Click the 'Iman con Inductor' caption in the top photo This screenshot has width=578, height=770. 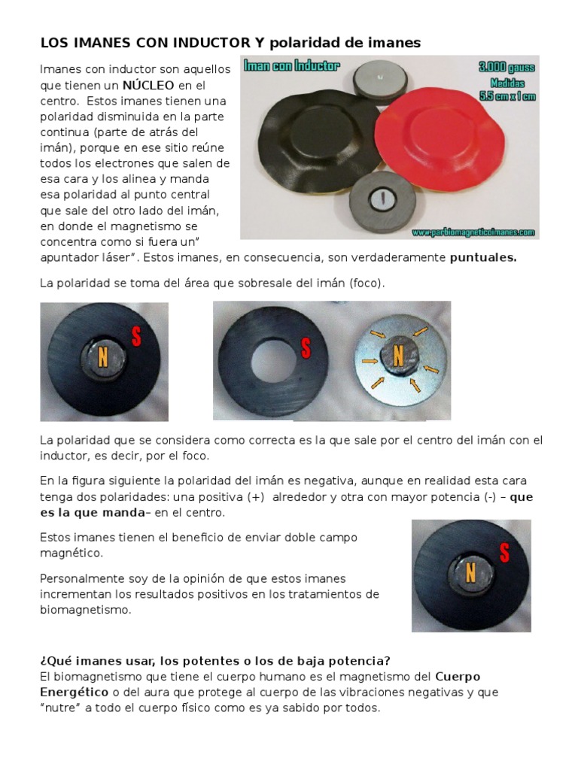[x=292, y=67]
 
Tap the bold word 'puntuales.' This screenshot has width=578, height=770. [x=483, y=258]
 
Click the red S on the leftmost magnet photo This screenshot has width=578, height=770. [x=136, y=337]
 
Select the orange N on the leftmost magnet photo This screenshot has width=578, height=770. [x=102, y=359]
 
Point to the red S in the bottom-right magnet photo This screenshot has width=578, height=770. [x=504, y=553]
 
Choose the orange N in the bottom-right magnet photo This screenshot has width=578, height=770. [x=470, y=573]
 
